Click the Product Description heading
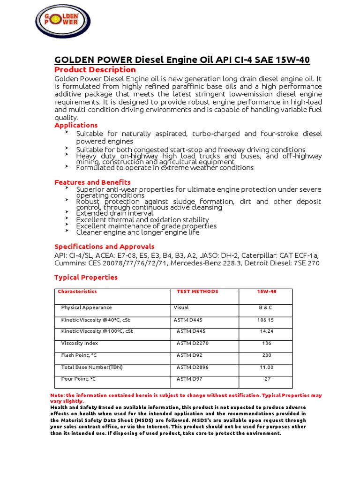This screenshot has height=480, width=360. coord(95,70)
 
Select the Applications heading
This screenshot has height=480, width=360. coord(76,125)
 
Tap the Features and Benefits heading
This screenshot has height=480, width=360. coord(92,182)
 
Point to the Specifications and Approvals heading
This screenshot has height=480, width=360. coord(104,247)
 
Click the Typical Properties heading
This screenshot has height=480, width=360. coord(86,277)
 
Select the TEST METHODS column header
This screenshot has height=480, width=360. coord(197,292)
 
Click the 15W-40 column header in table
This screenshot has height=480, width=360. coord(266,292)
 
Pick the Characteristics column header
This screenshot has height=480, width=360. coord(77,292)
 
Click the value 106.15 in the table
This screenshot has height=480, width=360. coord(265,320)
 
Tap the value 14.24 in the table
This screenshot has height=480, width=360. coord(266,331)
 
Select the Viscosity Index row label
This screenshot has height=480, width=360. coord(79,343)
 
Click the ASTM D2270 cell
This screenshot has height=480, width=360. coord(193,343)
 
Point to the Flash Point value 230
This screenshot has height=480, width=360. coord(266,355)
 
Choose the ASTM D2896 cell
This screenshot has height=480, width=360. coord(193,367)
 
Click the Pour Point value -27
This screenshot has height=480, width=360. coord(266,379)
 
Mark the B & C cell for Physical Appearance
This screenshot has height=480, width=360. coord(265,307)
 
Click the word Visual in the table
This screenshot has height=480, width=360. coord(181,307)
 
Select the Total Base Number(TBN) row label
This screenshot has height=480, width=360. coord(92,367)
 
